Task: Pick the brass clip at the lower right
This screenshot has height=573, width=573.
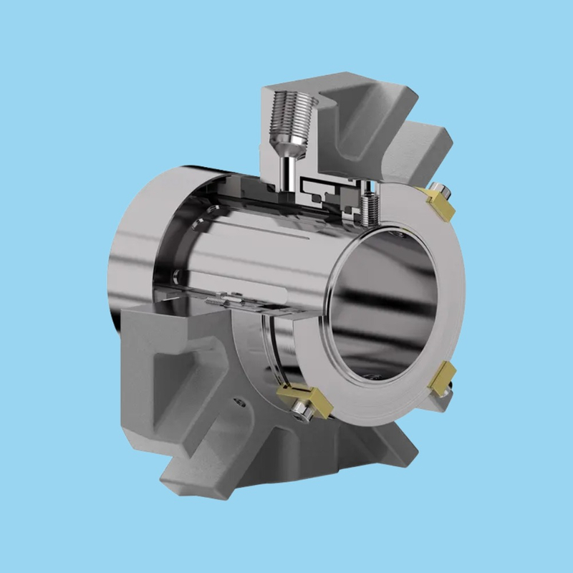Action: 446,377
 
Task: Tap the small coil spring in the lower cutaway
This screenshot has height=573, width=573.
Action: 216,304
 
